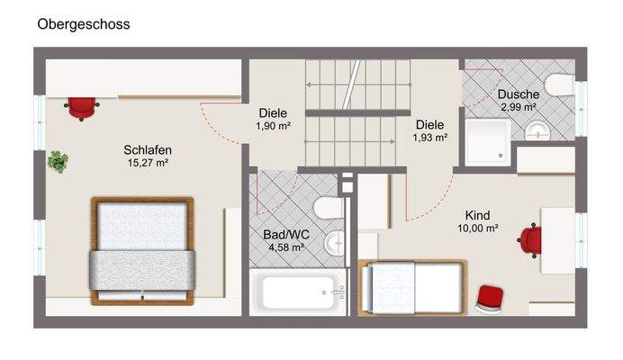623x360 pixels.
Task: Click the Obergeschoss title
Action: (x=84, y=24)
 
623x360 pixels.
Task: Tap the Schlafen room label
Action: (x=148, y=149)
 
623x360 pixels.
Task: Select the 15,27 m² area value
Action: (x=148, y=163)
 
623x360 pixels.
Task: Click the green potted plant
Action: (x=58, y=162)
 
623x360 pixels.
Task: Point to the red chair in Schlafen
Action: (x=82, y=108)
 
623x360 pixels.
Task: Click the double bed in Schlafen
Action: (x=142, y=251)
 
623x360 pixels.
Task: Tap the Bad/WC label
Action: (x=286, y=234)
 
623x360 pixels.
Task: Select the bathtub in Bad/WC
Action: (x=298, y=292)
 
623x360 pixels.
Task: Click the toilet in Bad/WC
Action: (x=329, y=208)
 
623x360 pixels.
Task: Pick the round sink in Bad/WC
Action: (x=334, y=242)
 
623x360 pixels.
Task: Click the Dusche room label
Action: (x=518, y=94)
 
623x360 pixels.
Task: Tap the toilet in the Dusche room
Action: (x=560, y=85)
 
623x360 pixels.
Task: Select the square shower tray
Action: (x=488, y=141)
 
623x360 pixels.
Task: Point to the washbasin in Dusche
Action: (x=537, y=131)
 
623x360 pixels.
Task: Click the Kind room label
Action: (x=477, y=215)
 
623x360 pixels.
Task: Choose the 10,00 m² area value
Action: (x=477, y=229)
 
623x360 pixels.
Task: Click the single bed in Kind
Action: (x=412, y=288)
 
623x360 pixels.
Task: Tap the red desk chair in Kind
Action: (x=530, y=240)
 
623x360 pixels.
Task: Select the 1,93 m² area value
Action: (x=430, y=138)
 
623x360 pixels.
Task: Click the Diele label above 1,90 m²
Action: (x=273, y=112)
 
